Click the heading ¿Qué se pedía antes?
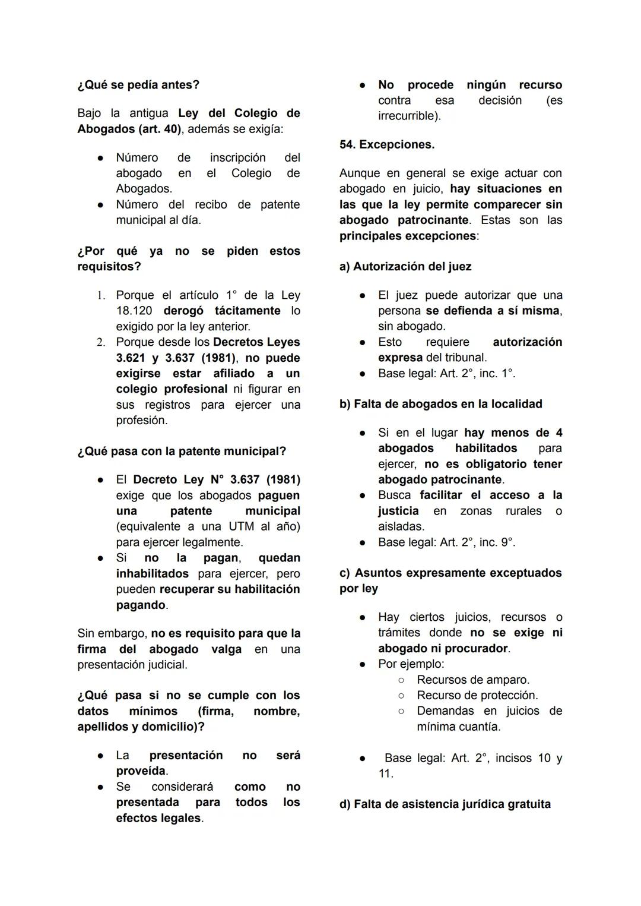click(138, 85)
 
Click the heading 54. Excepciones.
click(387, 144)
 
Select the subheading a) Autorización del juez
click(405, 266)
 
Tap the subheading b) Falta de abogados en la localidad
click(440, 404)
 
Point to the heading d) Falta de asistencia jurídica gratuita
click(445, 804)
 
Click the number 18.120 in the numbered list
click(134, 311)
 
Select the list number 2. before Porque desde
click(101, 342)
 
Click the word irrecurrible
click(408, 116)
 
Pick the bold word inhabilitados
click(152, 574)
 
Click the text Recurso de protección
click(477, 695)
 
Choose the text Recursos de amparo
click(473, 680)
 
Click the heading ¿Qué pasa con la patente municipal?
click(182, 452)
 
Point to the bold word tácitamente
click(247, 311)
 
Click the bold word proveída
click(141, 771)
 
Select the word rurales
click(523, 511)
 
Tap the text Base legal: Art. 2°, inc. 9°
click(446, 542)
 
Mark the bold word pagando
click(141, 605)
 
